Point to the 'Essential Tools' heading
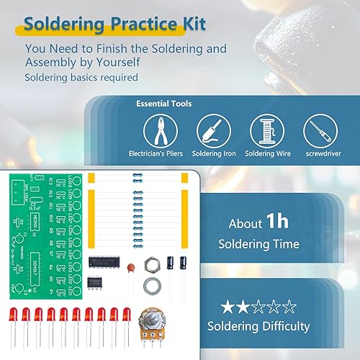163,104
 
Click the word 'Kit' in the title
190,24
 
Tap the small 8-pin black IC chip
94,283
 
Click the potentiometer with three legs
150,323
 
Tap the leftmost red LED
12,318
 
